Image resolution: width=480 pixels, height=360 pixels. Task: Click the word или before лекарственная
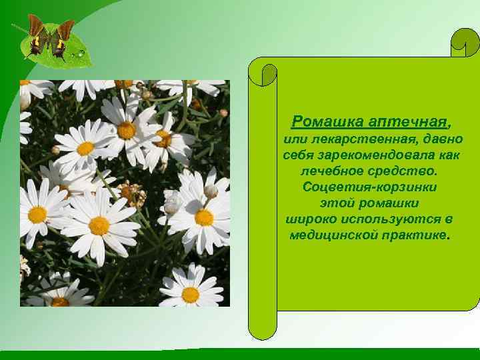(x=295, y=139)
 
